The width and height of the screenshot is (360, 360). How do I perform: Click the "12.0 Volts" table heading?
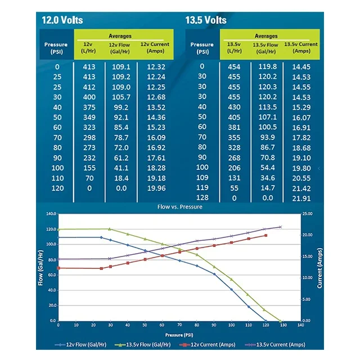pyautogui.click(x=62, y=20)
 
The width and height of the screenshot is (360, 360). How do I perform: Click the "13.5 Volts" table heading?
pyautogui.click(x=206, y=20)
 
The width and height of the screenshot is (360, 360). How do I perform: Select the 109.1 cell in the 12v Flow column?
pyautogui.click(x=121, y=66)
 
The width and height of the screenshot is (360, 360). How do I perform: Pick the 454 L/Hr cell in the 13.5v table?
pyautogui.click(x=234, y=66)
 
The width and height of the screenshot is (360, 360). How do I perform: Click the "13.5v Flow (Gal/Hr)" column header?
pyautogui.click(x=265, y=48)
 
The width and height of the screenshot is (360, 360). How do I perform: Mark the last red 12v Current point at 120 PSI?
pyautogui.click(x=265, y=235)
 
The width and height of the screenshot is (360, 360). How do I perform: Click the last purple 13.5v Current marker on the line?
pyautogui.click(x=280, y=227)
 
